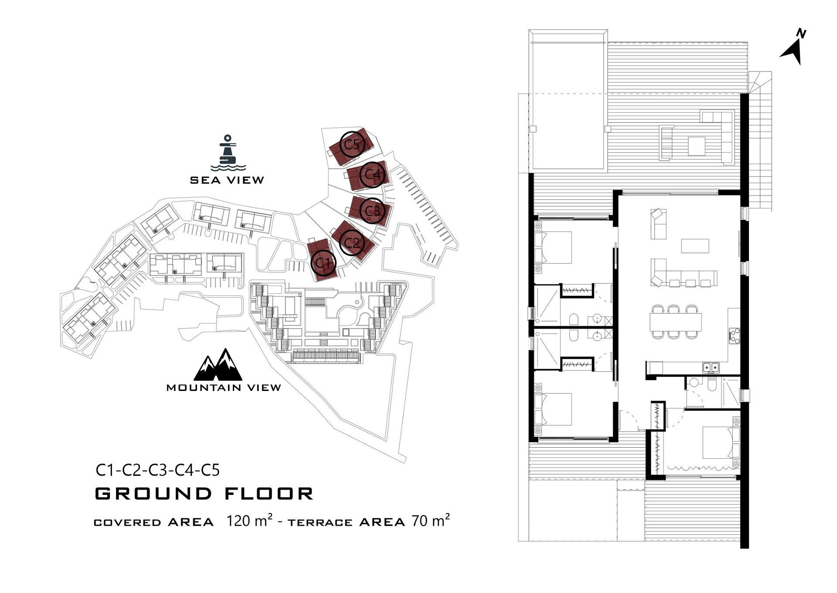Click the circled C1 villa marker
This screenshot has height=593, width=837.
[323, 263]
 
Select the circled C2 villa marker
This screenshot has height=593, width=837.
[351, 243]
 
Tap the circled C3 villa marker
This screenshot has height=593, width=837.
[372, 211]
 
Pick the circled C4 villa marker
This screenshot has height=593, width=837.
[372, 175]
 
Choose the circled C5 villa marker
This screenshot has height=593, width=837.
[352, 144]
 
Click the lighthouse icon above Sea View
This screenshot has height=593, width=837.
[228, 153]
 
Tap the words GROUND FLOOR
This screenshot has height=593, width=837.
[204, 494]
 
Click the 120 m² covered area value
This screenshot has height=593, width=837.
[249, 521]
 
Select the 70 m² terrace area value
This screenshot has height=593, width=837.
[431, 521]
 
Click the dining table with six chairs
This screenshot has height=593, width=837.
[675, 322]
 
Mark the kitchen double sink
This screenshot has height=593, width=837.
[711, 367]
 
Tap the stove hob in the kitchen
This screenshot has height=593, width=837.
[734, 336]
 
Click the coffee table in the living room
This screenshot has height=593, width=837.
[695, 246]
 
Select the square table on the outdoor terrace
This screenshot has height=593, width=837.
[696, 146]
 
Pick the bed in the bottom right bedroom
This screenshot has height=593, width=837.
[719, 443]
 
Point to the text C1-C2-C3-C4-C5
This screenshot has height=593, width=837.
[158, 470]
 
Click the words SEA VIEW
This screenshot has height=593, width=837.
[227, 180]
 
